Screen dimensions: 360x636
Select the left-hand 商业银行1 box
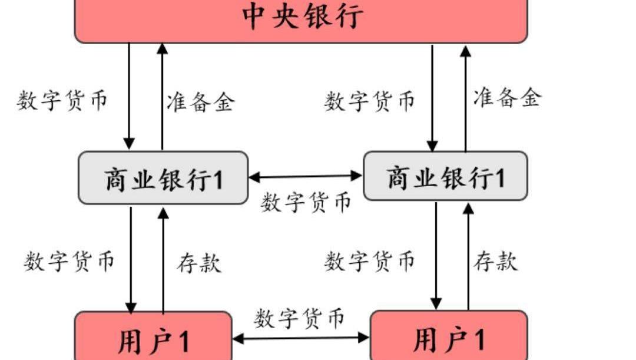pos(163,178)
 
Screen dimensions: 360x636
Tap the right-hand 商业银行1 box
pos(445,176)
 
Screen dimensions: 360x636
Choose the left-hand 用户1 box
pos(153,338)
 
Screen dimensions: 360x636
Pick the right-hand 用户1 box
pos(448,337)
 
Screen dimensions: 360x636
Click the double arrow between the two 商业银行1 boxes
pos(306,176)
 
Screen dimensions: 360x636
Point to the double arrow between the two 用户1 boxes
pos(301,338)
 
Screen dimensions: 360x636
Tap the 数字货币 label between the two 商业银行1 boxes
pos(306,202)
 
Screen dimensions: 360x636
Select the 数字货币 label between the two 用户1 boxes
pos(299,319)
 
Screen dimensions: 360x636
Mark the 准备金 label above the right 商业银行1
pos(506,97)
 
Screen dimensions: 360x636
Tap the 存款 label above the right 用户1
pos(496,260)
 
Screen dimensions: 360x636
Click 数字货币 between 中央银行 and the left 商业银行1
pos(62,100)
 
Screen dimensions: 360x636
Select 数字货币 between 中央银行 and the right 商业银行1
pos(369,101)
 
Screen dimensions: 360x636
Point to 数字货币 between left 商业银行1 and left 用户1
pos(69,260)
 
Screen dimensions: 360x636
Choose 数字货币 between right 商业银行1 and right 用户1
pos(369,260)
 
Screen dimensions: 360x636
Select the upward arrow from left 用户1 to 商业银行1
pos(163,259)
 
